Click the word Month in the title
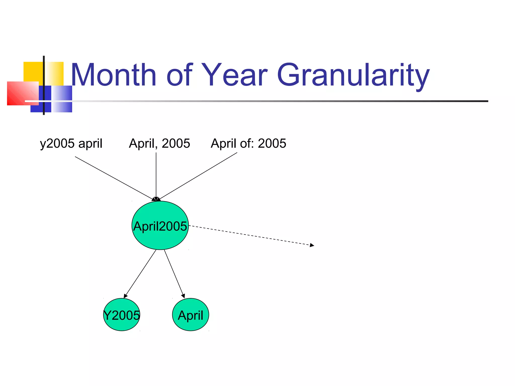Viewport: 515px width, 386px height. point(114,75)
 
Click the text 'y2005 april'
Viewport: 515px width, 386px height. point(71,143)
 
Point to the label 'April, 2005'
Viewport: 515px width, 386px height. point(159,143)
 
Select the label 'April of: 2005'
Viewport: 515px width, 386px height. point(248,143)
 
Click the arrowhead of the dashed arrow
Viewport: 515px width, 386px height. point(312,245)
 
